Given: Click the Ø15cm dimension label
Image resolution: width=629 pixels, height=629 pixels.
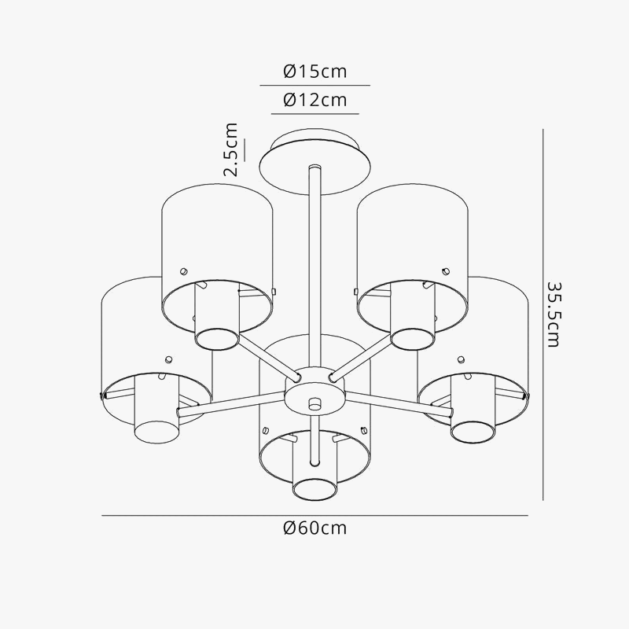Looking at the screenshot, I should pos(314,72).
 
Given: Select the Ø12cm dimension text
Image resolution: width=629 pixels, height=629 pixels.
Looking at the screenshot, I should pos(314,101).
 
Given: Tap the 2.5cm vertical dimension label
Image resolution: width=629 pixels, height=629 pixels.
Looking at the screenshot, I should pos(230,149).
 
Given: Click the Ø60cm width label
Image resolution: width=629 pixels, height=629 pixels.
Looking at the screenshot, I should pos(314,528).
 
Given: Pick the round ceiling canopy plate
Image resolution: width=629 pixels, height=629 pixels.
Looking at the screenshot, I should pos(314,161).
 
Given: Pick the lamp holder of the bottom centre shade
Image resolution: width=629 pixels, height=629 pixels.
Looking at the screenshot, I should pos(315,480).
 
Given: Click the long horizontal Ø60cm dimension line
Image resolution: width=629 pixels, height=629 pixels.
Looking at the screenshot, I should pos(197,516).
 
